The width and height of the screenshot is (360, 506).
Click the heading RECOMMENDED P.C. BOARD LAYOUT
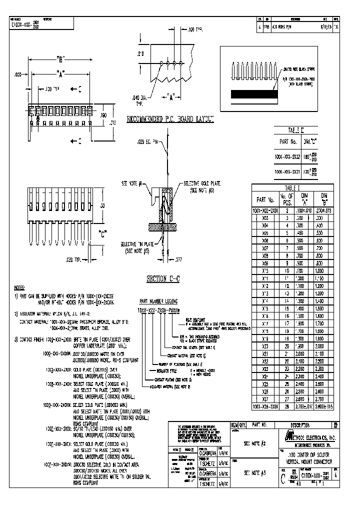(x=170, y=119)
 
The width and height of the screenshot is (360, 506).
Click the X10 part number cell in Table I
(x=265, y=270)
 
